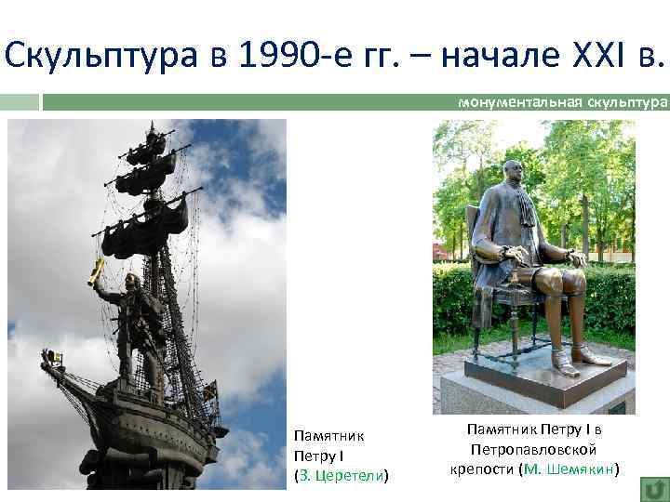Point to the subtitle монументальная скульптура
[563, 101]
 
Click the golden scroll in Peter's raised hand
[96, 271]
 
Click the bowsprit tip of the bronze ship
[45, 358]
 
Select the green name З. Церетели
[341, 476]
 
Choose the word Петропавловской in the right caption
[534, 448]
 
